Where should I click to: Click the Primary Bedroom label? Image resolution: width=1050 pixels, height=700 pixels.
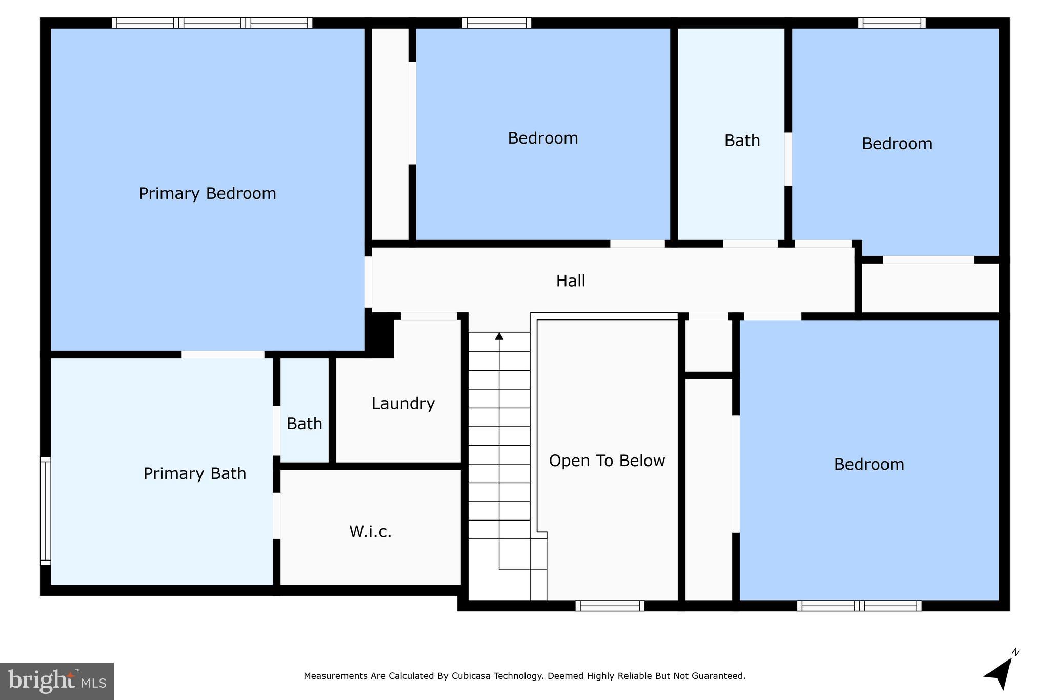click(207, 193)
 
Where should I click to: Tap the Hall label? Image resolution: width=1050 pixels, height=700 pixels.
click(571, 281)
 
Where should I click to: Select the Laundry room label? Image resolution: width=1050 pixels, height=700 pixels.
click(403, 403)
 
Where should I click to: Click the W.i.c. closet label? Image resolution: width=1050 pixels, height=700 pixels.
click(370, 531)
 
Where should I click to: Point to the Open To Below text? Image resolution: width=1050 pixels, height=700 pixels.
click(607, 461)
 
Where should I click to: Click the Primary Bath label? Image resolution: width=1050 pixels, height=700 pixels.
click(194, 473)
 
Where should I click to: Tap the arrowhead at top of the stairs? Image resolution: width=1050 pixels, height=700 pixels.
click(499, 336)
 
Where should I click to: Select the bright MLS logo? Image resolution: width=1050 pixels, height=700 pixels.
click(56, 681)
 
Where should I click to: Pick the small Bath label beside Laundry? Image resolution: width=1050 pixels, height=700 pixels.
click(304, 424)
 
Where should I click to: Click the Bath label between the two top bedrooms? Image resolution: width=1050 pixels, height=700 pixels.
click(742, 140)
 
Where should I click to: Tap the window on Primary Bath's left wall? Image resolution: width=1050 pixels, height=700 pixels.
click(45, 511)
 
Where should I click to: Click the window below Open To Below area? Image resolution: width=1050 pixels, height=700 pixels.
click(609, 606)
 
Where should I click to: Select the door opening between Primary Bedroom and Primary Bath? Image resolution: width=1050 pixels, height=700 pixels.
click(223, 354)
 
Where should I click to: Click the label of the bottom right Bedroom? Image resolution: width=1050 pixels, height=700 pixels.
click(869, 464)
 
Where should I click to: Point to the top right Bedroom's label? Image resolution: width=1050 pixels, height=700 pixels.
click(897, 144)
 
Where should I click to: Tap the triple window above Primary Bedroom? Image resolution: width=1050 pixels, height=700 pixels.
click(212, 23)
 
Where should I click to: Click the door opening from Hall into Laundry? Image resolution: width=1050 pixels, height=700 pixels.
click(429, 316)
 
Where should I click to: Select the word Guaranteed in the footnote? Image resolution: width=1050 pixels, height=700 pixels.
click(718, 676)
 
